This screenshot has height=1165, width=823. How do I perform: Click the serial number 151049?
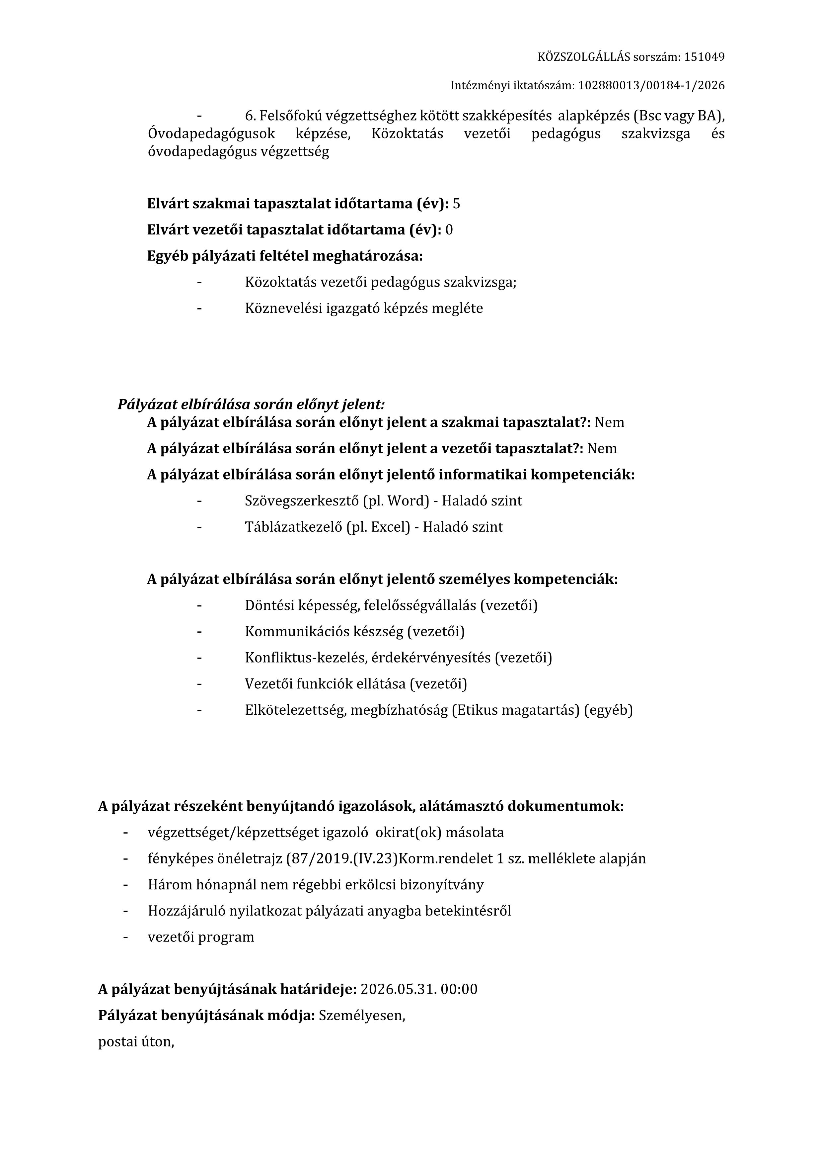tap(704, 57)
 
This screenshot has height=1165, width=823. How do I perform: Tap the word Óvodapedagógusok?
tap(211, 134)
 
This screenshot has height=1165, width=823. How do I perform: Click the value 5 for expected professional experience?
tap(456, 204)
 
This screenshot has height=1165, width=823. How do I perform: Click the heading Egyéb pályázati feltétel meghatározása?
tap(284, 256)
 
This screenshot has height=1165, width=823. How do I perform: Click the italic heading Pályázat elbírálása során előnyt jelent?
tap(251, 404)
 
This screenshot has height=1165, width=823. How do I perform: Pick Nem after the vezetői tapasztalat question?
tap(602, 449)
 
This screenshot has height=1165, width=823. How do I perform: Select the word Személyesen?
tap(361, 1016)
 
